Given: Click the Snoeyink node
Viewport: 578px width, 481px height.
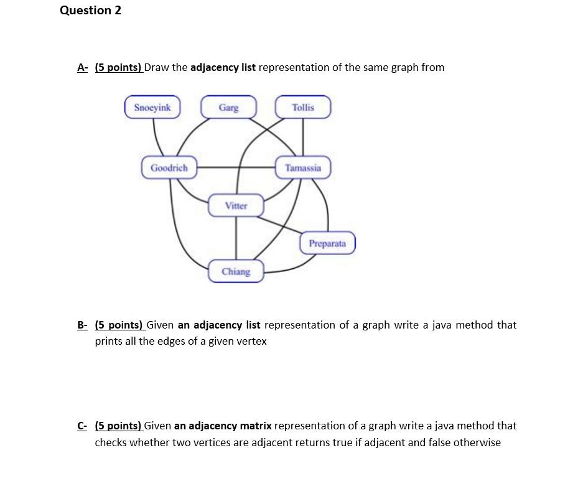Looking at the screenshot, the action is click(x=152, y=107).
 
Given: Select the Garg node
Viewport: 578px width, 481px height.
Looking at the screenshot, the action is click(x=228, y=107).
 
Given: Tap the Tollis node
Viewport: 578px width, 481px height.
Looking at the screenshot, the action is click(x=303, y=107).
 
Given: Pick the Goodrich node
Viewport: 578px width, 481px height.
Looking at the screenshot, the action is click(x=169, y=168).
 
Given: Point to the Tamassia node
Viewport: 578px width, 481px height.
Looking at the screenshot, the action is click(x=303, y=168).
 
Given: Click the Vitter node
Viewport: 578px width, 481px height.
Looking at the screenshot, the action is click(x=236, y=205).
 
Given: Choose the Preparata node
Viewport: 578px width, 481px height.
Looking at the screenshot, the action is click(x=327, y=243).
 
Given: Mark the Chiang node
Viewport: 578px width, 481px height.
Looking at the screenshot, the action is click(x=236, y=271).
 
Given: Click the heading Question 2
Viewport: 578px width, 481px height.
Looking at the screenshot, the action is click(x=91, y=11).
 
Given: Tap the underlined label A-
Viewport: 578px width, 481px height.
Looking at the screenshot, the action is click(x=83, y=67).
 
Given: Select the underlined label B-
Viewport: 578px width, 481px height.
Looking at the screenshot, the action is click(x=83, y=325).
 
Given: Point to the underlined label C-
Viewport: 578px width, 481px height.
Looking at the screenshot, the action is click(x=83, y=426).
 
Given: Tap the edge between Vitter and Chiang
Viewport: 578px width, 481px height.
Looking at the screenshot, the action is click(x=236, y=239).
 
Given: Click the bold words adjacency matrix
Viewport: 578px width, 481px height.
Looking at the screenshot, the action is click(x=223, y=426).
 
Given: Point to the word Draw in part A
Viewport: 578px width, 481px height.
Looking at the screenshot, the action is click(x=157, y=67).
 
